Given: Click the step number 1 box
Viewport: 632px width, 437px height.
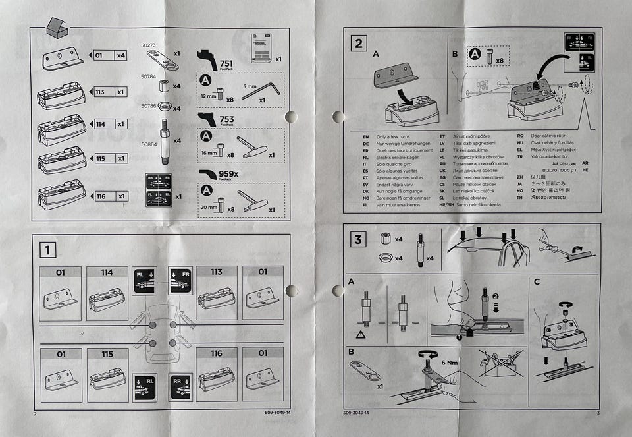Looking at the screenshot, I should pos(47,250).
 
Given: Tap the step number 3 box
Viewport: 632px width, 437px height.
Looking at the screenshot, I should pos(358,239).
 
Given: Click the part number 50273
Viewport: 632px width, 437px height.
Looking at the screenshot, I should pos(149,45).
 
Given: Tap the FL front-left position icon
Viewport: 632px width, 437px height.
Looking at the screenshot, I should pos(144,280).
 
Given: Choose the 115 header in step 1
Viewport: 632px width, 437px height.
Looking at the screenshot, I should pos(107,354).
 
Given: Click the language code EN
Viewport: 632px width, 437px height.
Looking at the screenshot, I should pos(365,137).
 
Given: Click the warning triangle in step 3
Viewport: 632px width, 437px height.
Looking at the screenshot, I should pos(361,334).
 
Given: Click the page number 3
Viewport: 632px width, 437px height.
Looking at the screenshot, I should pos(598,413).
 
